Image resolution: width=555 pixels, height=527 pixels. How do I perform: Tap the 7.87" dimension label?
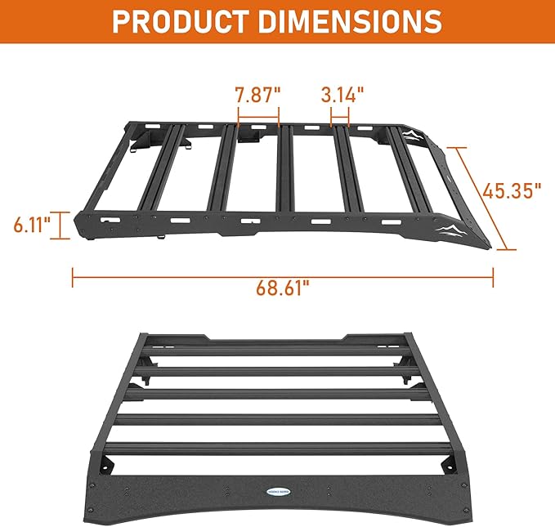pyautogui.click(x=257, y=94)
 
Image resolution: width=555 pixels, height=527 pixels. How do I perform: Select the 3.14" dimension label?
pyautogui.click(x=342, y=94)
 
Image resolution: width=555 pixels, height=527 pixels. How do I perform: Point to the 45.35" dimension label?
pyautogui.click(x=512, y=191)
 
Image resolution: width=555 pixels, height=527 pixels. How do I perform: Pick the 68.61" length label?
pyautogui.click(x=282, y=288)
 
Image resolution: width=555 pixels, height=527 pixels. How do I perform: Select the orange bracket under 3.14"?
pyautogui.click(x=341, y=123)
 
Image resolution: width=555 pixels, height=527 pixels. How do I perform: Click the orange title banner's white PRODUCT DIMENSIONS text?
pyautogui.click(x=277, y=21)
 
